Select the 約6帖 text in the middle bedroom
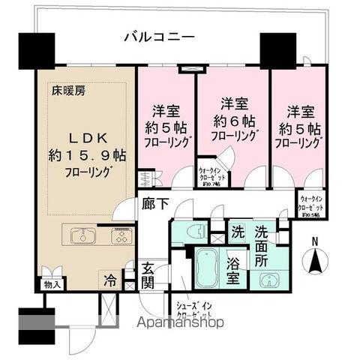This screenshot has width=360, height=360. [232, 120]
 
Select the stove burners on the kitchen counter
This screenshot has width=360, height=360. [121, 236]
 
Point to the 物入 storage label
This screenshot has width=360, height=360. [52, 284]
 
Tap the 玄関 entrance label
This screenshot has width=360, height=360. [147, 276]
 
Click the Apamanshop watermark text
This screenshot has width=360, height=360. [181, 324]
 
